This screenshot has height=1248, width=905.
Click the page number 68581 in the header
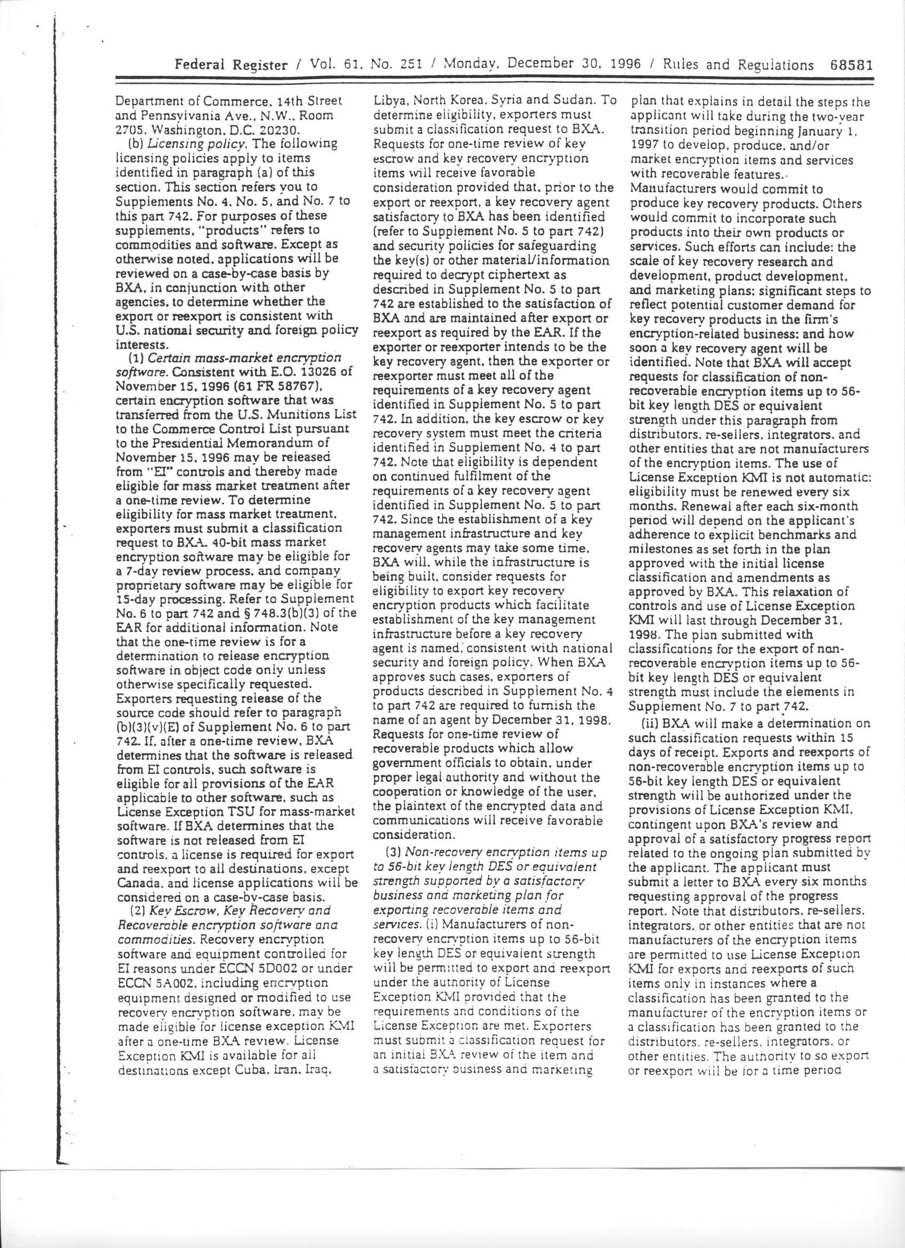coord(851,65)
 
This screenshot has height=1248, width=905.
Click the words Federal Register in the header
coord(231,65)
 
